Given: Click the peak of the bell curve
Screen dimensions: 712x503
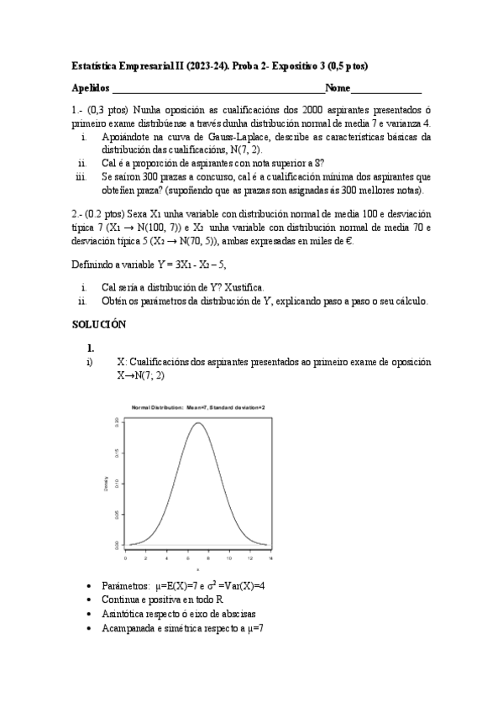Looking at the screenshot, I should (198, 423).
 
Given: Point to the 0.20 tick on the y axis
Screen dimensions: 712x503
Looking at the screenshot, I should (117, 423).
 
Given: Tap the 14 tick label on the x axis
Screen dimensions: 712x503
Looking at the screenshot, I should (270, 558).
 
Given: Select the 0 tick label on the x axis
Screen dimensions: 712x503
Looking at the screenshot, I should (125, 558).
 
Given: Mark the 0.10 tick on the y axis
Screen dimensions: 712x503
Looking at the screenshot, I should (117, 484).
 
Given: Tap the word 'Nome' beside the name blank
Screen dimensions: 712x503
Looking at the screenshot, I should (338, 88).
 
